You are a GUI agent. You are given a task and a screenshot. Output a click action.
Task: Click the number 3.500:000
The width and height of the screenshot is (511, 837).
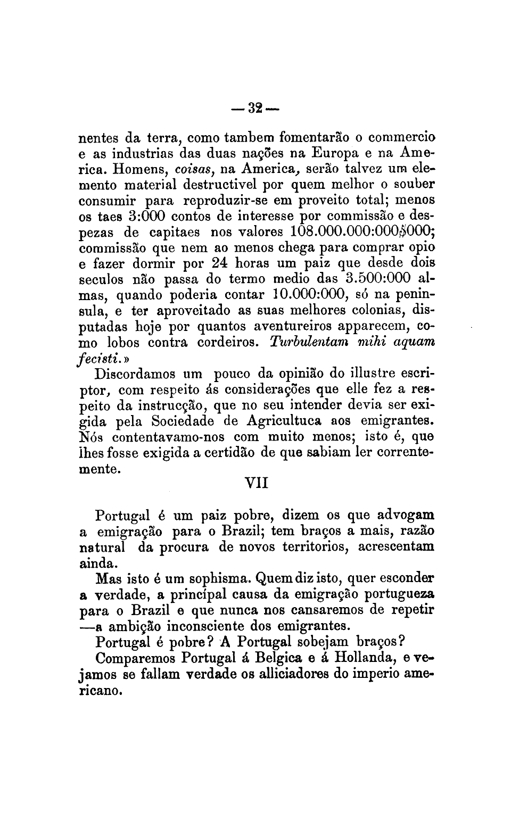point(377,279)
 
